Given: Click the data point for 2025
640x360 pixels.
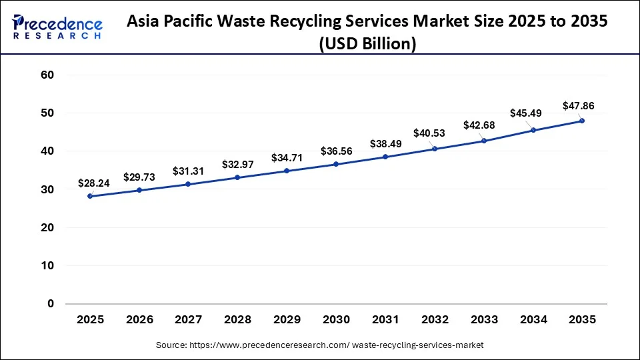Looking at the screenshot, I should point(90,196).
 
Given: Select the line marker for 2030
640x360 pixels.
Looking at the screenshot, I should point(336,164).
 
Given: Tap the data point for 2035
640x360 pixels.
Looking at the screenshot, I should point(582,121).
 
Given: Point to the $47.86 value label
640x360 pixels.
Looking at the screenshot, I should point(579,105).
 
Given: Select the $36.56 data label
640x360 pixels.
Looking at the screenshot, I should point(336,151).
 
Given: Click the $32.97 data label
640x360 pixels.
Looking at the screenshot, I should point(238,164).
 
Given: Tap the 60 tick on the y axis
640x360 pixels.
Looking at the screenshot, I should point(47,75).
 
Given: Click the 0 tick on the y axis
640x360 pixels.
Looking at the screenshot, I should point(50,304).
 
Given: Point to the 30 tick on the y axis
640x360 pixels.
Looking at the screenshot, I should point(47,190).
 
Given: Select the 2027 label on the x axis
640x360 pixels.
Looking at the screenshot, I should point(189,320).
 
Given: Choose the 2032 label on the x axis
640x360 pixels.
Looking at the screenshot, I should point(435,320).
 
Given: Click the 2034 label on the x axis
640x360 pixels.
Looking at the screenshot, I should point(533,320).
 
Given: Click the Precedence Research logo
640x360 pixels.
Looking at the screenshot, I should point(57,27).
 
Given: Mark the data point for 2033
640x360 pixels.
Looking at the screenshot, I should point(484,141).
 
